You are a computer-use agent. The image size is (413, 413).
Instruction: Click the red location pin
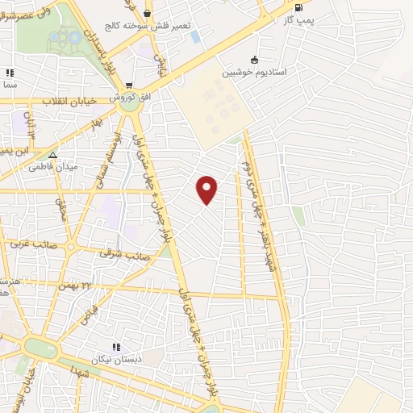pos(207,189)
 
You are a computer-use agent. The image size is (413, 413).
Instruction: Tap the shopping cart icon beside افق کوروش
pos(129,85)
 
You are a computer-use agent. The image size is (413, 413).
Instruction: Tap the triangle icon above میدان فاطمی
pos(53,155)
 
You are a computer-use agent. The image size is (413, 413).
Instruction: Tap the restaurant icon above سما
pos(10,73)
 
